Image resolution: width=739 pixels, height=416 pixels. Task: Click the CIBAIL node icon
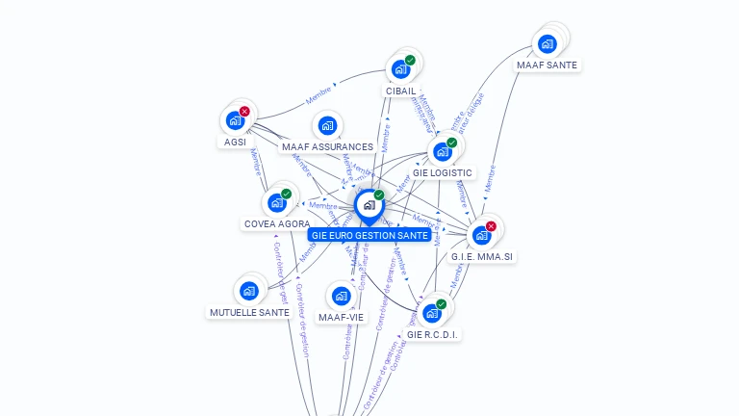[x=400, y=69]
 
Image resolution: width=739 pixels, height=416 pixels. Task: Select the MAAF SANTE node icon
[x=548, y=43]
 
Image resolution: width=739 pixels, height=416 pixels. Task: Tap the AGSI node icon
[x=234, y=121]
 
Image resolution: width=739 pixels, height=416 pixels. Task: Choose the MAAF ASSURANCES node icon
[x=327, y=126]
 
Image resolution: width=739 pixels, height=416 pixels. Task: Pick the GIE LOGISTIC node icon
[x=442, y=151]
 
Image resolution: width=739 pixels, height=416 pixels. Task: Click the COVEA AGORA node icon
[x=276, y=202]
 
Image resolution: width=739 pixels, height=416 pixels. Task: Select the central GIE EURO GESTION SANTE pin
[x=369, y=205]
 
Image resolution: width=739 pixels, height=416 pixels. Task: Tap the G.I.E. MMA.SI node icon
[x=481, y=235]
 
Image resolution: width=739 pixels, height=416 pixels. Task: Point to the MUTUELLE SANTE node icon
[x=249, y=290]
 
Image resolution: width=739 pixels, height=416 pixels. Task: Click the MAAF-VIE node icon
[x=341, y=296]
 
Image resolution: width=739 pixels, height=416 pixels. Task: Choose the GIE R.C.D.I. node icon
[x=431, y=313]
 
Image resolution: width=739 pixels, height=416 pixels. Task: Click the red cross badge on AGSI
[x=244, y=112]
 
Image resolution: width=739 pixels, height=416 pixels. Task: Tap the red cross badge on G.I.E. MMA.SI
[x=491, y=226]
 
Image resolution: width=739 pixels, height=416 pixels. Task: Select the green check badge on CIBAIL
[x=410, y=61]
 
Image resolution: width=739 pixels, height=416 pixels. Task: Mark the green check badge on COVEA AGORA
[x=286, y=194]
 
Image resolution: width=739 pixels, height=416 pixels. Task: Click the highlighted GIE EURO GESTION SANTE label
[x=369, y=235]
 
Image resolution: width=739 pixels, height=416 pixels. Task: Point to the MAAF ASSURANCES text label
[x=327, y=147]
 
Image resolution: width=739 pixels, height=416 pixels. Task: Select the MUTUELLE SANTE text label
[x=249, y=312]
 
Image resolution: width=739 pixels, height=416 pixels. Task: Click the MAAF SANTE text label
[x=548, y=65]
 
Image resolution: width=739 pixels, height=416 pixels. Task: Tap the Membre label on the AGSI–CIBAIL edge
[x=320, y=96]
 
